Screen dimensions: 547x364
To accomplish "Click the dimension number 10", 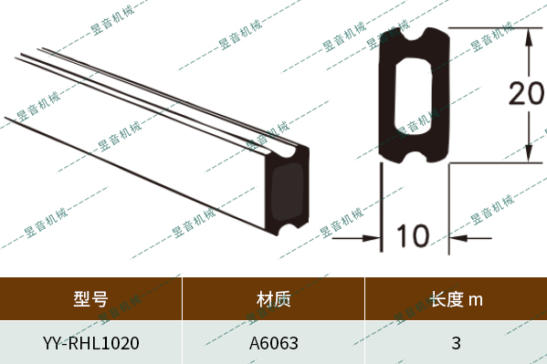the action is (x=414, y=236).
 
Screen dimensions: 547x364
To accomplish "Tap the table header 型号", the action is (x=90, y=298).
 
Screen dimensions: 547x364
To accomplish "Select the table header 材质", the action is (x=273, y=298).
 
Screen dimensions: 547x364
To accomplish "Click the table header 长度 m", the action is (x=456, y=298).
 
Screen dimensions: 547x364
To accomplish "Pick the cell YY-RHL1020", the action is (x=90, y=344).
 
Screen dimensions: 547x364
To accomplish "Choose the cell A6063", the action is (x=273, y=344).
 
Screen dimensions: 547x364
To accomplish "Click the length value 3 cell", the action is (x=456, y=344).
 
